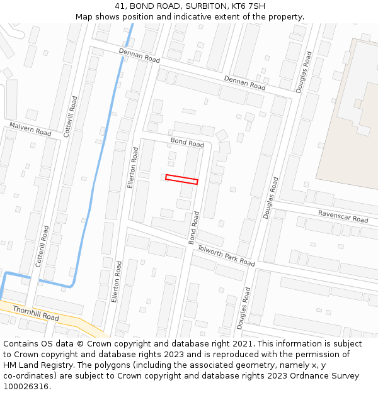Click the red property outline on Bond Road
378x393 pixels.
tap(181, 179)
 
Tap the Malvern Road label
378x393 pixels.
tap(30, 130)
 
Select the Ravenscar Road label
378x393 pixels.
tap(343, 216)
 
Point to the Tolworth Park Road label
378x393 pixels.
tap(226, 255)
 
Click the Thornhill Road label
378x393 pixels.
tap(35, 313)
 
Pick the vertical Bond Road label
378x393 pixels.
tap(194, 228)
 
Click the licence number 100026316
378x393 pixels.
tap(25, 387)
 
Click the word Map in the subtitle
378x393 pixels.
tap(84, 17)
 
